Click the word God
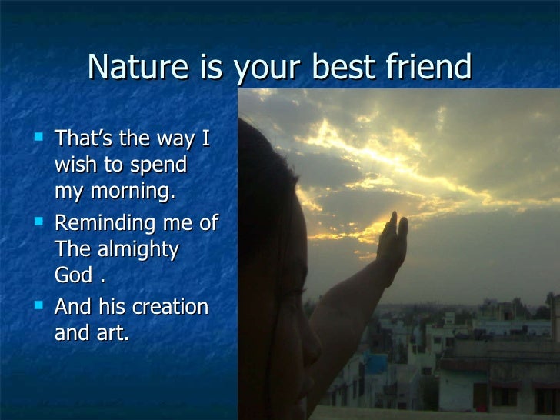pos(74,276)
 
